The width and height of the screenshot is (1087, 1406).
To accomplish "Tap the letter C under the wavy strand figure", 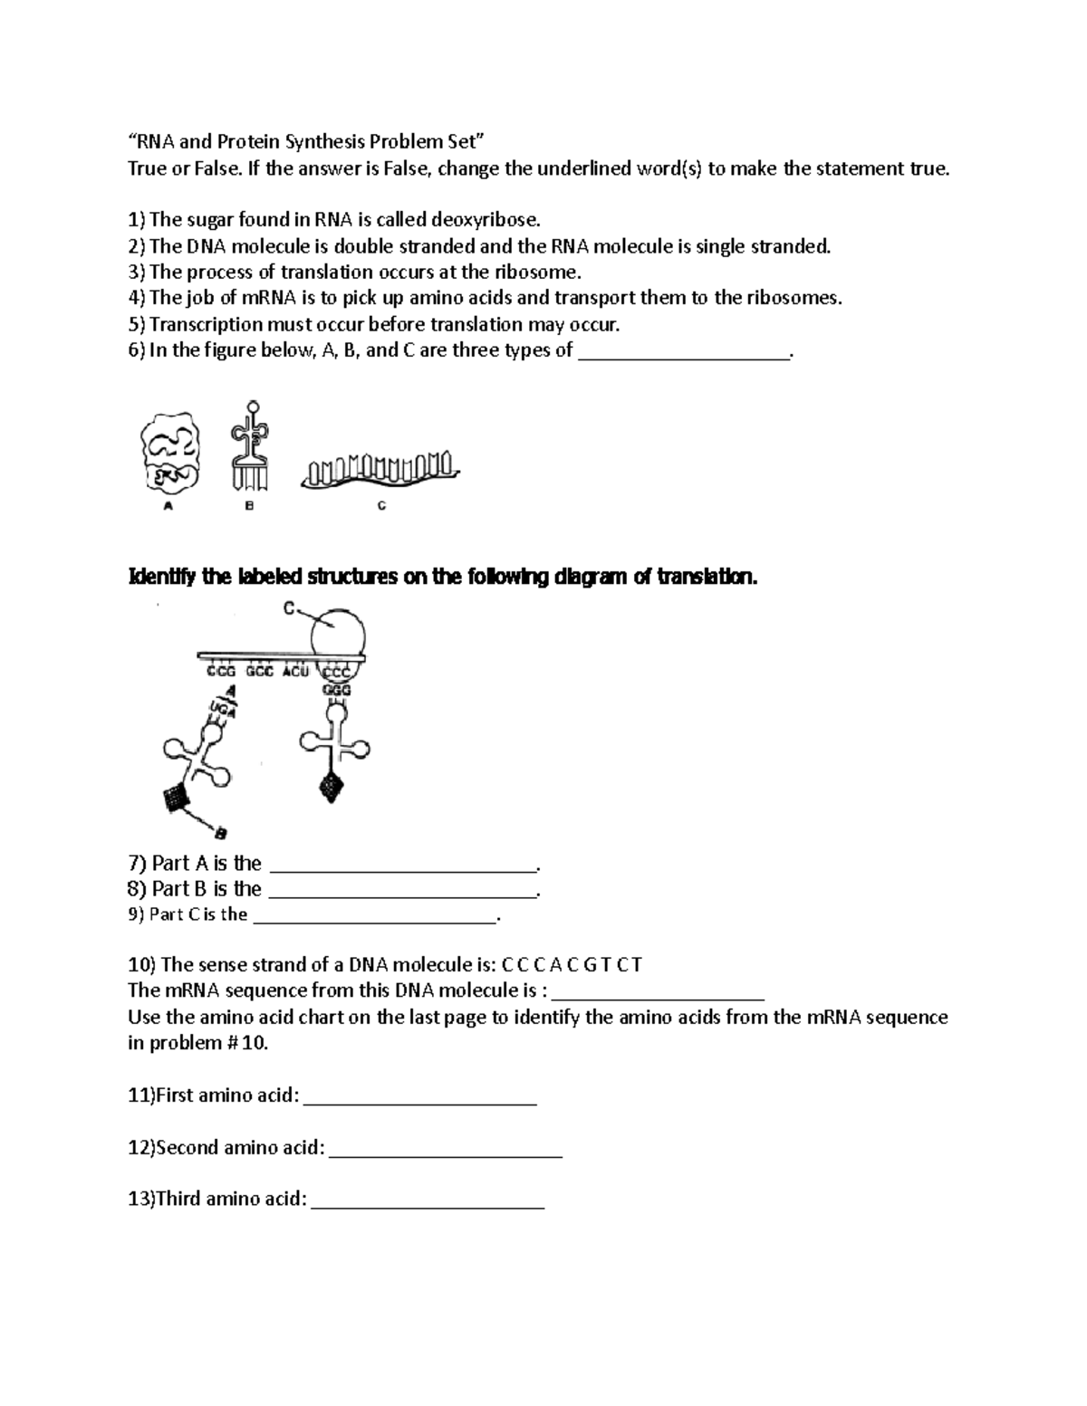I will tap(381, 506).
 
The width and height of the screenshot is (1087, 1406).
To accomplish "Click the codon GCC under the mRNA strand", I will tap(258, 672).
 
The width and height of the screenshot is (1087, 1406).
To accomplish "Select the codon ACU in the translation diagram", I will tap(295, 672).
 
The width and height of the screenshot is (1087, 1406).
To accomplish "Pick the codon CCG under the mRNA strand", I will tap(221, 672).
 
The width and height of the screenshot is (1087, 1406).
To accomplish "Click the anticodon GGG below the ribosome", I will tap(336, 690).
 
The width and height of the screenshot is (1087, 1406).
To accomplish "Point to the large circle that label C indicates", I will tap(338, 632).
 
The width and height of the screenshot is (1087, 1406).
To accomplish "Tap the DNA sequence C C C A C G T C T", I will tap(571, 964).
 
